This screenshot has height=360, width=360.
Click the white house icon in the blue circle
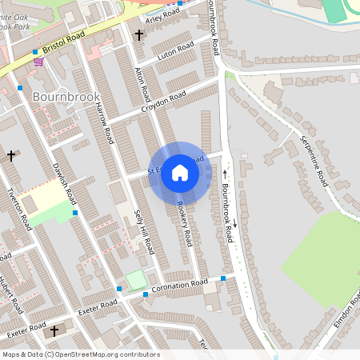tap(180, 172)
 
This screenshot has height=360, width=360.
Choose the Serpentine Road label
tap(314, 159)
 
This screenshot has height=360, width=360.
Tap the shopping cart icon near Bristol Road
tap(38, 62)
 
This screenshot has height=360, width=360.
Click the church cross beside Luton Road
tap(139, 35)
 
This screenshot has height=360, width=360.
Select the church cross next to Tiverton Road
tap(11, 155)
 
